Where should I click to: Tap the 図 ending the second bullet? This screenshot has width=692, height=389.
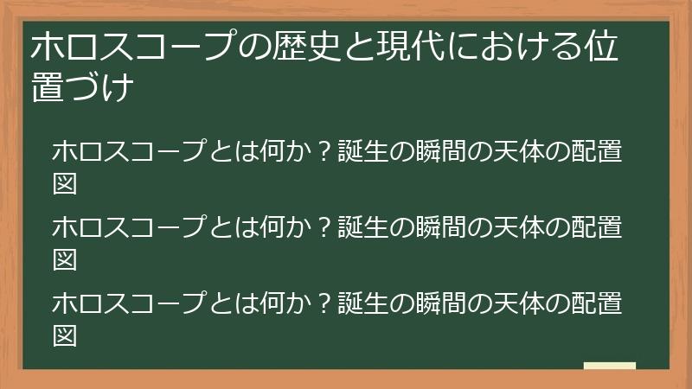pos(66,258)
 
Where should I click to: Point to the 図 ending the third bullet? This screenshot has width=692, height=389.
pos(66,335)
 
